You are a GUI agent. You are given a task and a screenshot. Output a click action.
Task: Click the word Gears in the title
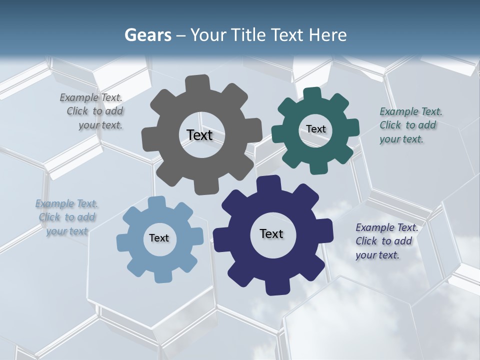(x=147, y=35)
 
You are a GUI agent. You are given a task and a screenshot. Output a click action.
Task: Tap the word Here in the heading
(x=327, y=35)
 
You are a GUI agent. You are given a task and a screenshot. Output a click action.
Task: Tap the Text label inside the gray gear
(x=199, y=135)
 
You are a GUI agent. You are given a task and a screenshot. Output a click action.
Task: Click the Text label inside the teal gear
(x=316, y=129)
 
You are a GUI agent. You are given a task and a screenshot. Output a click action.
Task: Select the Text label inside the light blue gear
(x=159, y=238)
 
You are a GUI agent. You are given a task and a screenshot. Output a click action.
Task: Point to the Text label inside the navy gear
(x=271, y=233)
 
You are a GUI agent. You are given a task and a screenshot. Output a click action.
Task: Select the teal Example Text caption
(x=408, y=125)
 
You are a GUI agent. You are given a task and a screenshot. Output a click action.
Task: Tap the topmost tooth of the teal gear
(x=312, y=94)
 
